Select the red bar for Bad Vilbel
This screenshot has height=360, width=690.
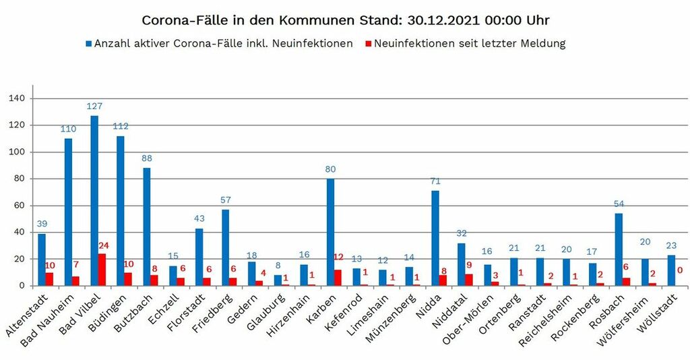coord(102,270)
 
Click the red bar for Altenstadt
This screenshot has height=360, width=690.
coord(49,279)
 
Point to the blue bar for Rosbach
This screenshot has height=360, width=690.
coord(619,249)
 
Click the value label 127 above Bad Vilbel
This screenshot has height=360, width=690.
coord(94,107)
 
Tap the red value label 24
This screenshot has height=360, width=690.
coord(104,245)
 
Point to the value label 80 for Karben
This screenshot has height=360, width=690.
coord(330,169)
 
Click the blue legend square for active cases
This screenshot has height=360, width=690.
coord(89,44)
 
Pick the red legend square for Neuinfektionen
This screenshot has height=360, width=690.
coord(368,44)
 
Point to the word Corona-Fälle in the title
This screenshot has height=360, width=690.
coord(175,20)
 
